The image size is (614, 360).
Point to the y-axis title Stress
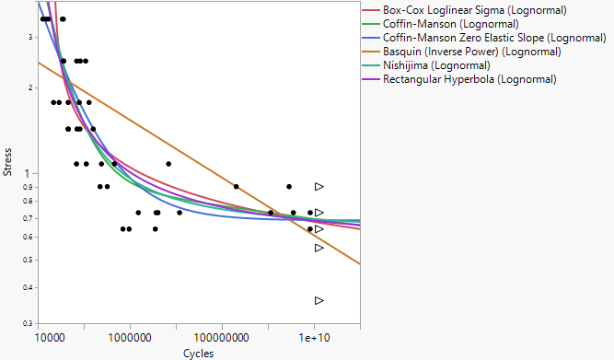coord(8,162)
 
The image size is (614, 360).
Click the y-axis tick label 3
coord(30,37)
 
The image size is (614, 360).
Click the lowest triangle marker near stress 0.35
coord(319,300)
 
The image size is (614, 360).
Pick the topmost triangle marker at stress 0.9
coord(319,186)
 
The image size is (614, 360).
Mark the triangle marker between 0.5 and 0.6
coord(319,248)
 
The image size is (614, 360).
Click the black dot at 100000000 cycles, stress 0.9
coord(237,186)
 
